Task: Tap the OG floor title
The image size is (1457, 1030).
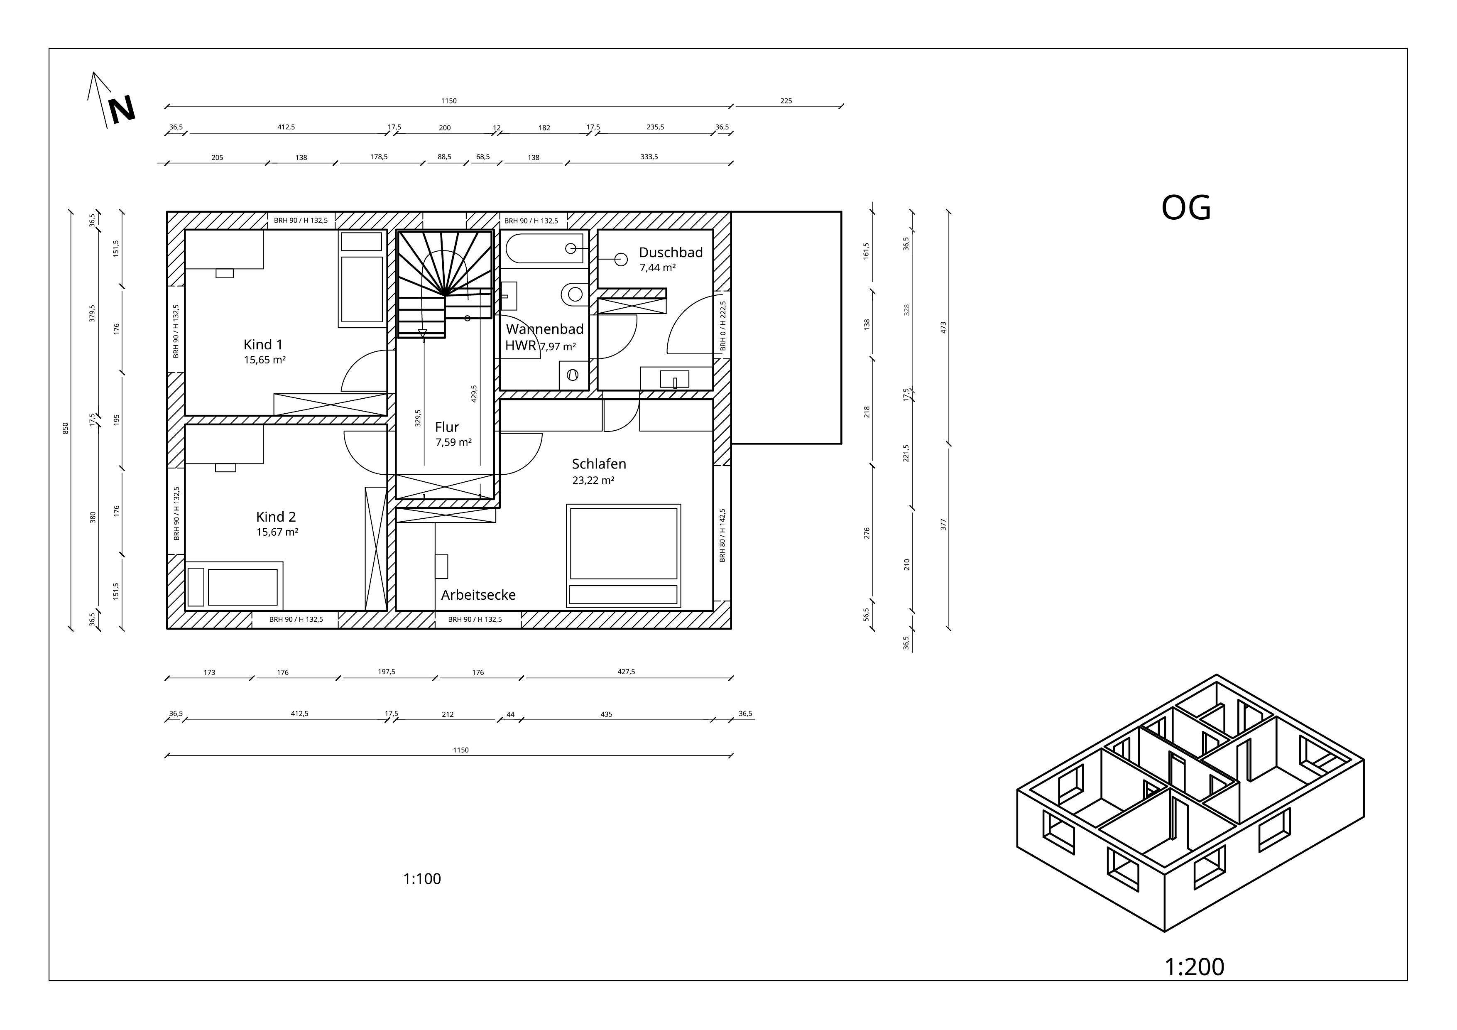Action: coord(1186,208)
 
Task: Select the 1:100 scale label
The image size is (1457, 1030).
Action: coord(422,879)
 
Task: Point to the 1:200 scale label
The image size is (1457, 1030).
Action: coord(1194,967)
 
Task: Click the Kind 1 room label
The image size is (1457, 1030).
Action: coord(263,345)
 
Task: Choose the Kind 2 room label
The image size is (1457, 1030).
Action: coord(276,517)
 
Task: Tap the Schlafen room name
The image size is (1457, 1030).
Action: coord(599,464)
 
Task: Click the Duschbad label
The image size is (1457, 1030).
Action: coord(671,252)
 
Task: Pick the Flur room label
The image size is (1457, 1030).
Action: coord(447,427)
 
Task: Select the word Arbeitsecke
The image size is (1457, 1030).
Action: coord(478,595)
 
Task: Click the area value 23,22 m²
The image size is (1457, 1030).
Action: coord(593,481)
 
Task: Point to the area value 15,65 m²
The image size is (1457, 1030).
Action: coord(264,360)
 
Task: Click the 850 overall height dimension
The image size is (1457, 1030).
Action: coord(65,428)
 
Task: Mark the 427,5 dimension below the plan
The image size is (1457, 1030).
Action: coord(626,672)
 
